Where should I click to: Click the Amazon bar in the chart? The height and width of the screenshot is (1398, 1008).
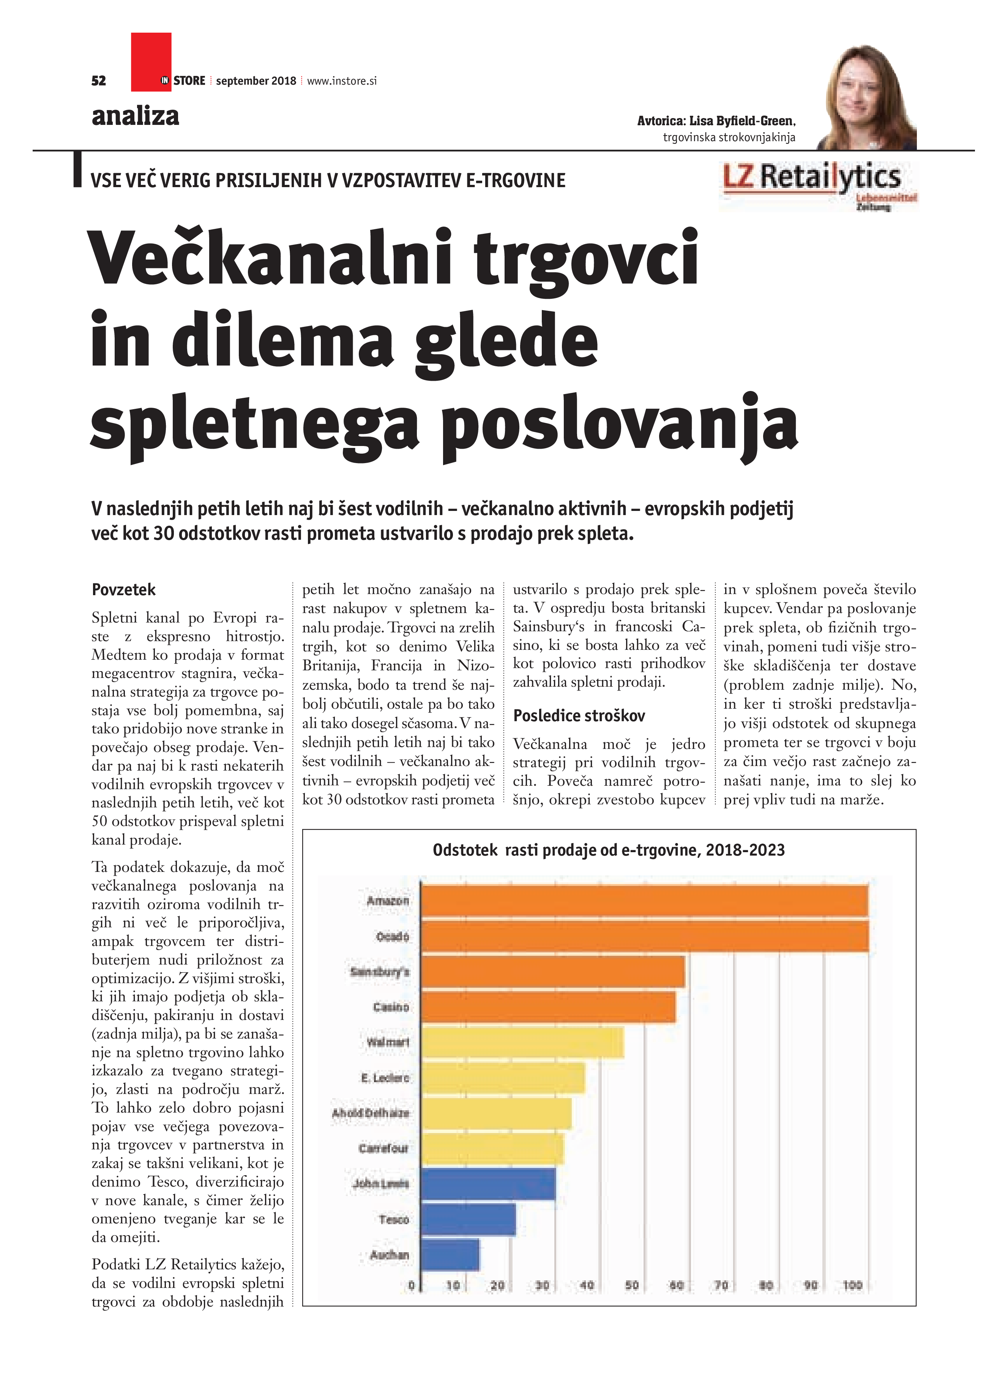coord(644,901)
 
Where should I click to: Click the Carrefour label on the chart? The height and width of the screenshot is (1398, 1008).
coord(383,1148)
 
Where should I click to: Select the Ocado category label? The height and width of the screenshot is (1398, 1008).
coord(393,936)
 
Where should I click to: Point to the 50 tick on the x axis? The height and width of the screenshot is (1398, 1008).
coord(632,1285)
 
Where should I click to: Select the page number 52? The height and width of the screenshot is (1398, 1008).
coord(99,81)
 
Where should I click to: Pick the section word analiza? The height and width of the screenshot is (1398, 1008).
coord(136,116)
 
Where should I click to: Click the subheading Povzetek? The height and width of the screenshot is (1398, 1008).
coord(123,590)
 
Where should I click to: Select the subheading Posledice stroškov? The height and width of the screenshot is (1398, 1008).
coord(579,716)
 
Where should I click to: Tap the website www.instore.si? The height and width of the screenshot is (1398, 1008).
coord(342,81)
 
